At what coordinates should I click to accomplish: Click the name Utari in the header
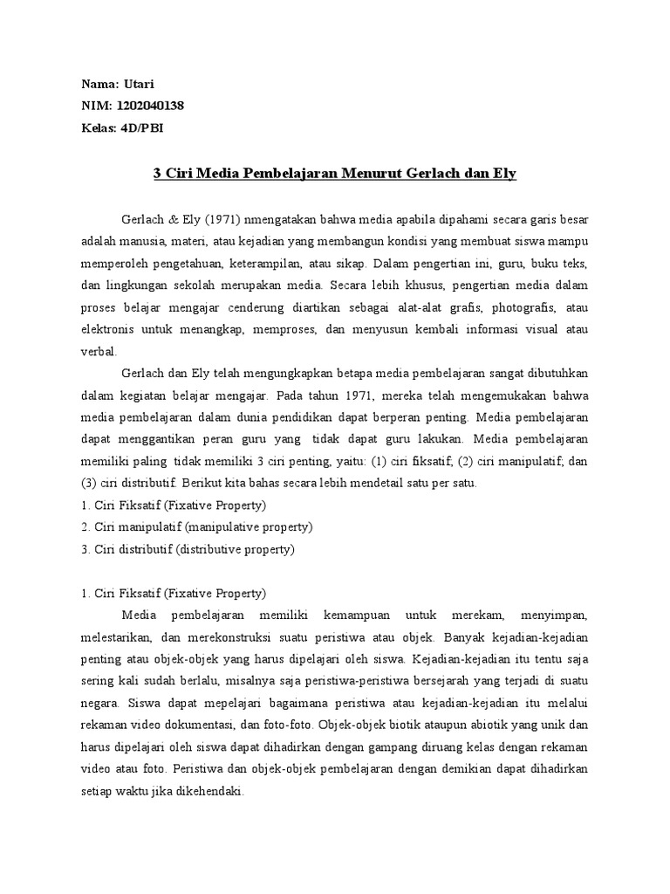[137, 84]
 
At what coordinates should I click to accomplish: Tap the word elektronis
[107, 330]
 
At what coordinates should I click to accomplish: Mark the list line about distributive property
[187, 550]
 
